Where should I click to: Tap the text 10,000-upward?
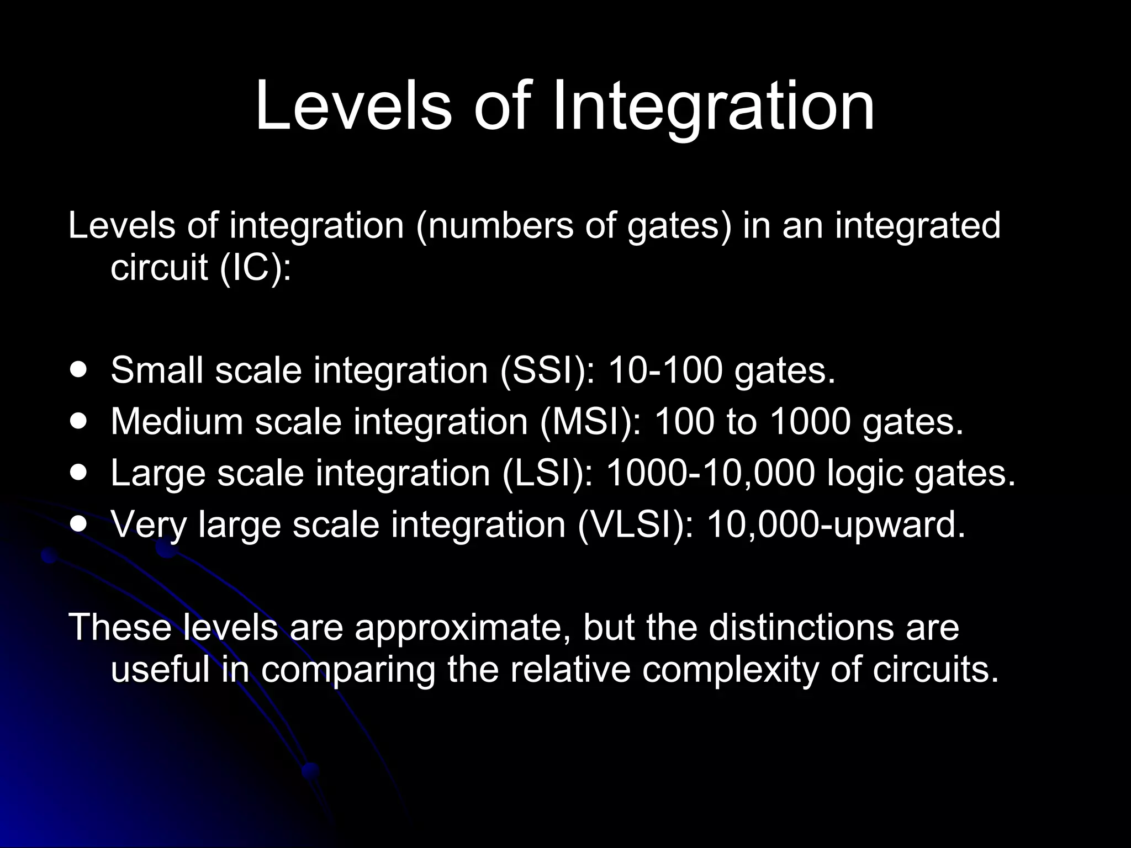[x=836, y=524]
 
